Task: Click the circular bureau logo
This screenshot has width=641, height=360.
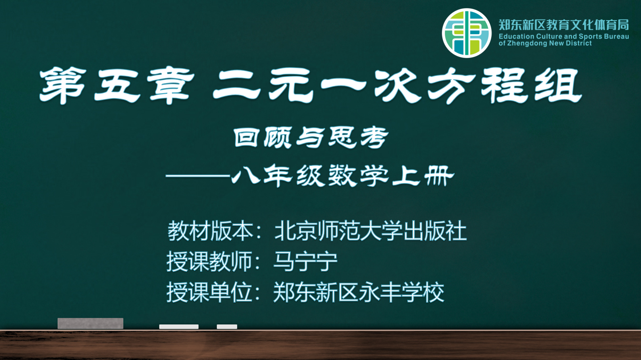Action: point(467,33)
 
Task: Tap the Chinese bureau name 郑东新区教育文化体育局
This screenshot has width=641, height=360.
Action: point(564,25)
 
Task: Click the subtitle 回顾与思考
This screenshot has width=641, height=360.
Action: point(311,137)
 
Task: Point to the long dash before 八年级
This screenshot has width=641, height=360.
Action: point(198,176)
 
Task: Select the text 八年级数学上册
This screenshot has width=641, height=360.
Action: point(343,175)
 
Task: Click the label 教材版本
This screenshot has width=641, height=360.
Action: point(210,231)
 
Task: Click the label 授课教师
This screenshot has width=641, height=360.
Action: point(210,261)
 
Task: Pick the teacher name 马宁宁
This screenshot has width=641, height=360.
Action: point(305,261)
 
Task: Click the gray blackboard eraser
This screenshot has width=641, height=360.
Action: point(90,323)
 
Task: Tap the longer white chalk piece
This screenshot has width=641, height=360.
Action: point(179,327)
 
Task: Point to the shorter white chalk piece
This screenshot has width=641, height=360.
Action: point(227,327)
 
